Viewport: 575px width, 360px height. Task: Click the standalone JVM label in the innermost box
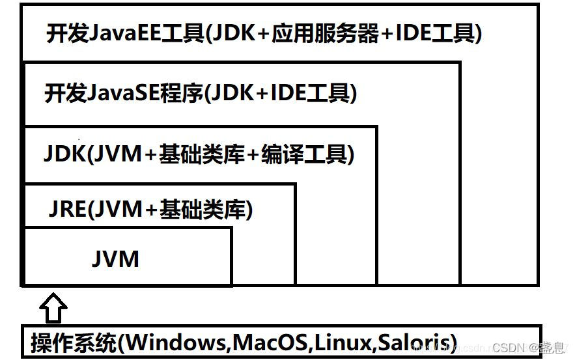pos(115,258)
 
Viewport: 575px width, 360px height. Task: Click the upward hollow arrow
pos(54,307)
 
